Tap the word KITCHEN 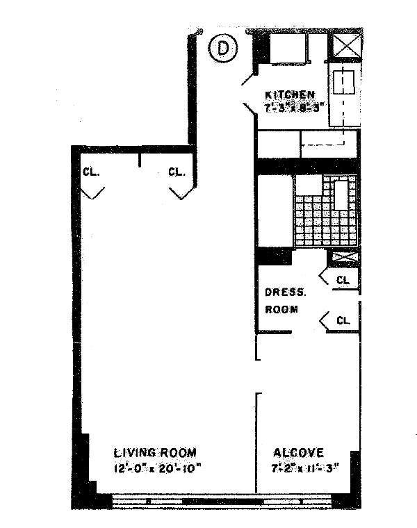click(x=291, y=94)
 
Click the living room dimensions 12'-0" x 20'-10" click(x=150, y=467)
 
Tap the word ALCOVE click(x=297, y=452)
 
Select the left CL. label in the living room click(x=91, y=172)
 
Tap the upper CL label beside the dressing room click(x=343, y=280)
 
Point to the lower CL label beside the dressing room click(x=343, y=320)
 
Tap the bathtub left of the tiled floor click(x=275, y=212)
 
